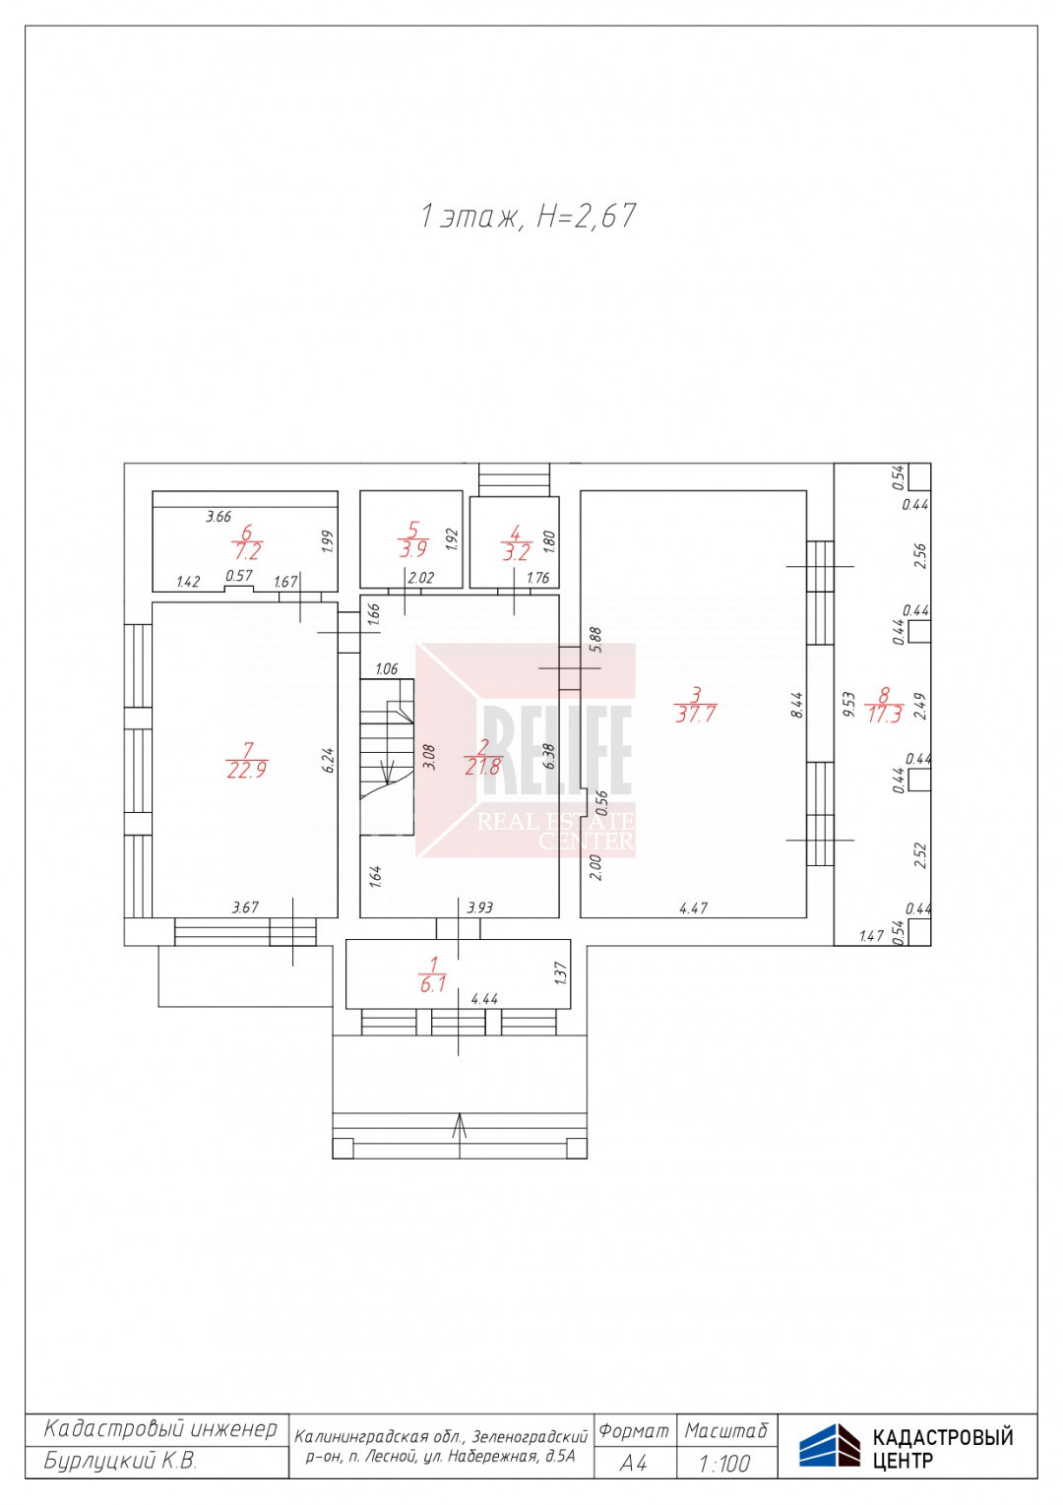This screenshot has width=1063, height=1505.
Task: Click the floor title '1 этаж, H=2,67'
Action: coord(528,217)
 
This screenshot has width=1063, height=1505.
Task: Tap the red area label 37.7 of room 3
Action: coord(696,714)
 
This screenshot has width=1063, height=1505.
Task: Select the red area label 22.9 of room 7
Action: coord(247,770)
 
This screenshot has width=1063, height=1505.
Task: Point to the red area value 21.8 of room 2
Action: coord(482,766)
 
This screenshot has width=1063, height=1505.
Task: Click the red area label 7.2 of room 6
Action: coord(247,551)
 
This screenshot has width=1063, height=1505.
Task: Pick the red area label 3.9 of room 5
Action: coord(412,549)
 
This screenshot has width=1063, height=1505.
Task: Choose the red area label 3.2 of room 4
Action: coord(516,552)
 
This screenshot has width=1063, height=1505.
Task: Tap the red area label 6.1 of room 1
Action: coord(433,985)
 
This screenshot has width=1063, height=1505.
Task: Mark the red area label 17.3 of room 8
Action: coord(884,715)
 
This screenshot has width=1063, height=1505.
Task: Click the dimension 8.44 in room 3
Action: coord(797,705)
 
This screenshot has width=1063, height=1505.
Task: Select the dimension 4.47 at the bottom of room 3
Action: coord(694,909)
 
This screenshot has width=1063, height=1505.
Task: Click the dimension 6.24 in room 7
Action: coord(329,760)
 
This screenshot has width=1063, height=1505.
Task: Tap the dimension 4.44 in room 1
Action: coord(484,999)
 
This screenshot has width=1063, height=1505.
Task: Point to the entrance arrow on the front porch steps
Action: coord(459,1136)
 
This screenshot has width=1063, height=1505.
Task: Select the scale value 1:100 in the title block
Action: coord(724,1463)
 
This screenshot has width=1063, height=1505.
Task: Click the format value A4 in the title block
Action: coord(633,1463)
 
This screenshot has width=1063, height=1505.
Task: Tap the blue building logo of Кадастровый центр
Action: coord(829,1445)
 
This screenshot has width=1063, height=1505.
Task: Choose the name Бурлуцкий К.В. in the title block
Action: coord(120,1461)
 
